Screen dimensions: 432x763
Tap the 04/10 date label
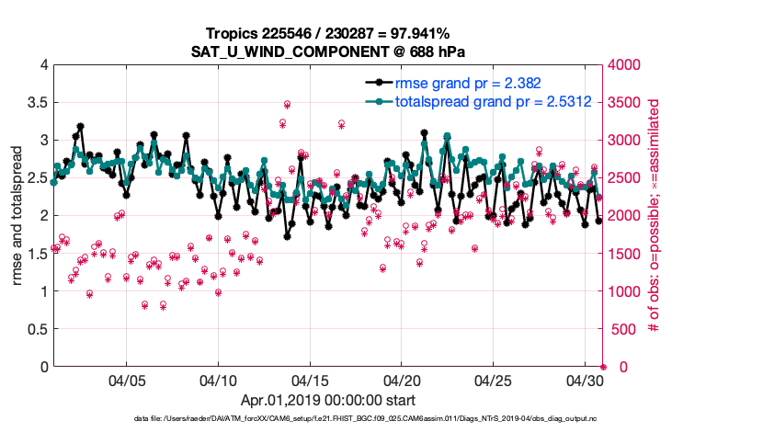click(x=219, y=379)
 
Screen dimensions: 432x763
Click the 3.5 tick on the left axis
click(x=37, y=103)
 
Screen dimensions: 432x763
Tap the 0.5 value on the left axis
click(x=37, y=329)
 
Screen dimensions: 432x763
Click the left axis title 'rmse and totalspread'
click(x=17, y=216)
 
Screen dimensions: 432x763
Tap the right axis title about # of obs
click(x=654, y=216)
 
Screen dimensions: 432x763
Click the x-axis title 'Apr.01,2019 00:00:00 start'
click(x=327, y=401)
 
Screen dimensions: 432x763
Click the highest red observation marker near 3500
click(x=287, y=105)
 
